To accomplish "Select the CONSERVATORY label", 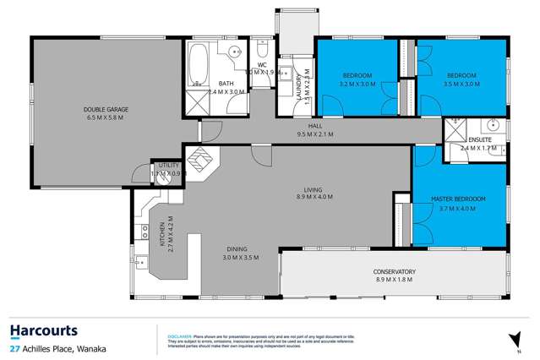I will point(395,271).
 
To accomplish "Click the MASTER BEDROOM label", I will point(458,199).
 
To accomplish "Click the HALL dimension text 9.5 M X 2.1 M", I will point(314,134).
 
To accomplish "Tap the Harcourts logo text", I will point(44,330).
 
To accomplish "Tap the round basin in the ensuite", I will point(489,128).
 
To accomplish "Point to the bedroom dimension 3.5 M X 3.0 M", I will point(461,84).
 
